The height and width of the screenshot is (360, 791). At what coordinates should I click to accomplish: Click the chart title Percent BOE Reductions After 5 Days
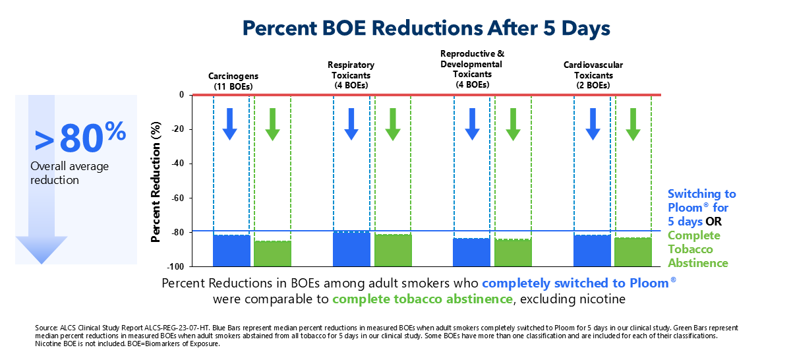(x=426, y=28)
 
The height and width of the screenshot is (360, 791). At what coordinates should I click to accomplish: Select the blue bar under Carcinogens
(x=231, y=251)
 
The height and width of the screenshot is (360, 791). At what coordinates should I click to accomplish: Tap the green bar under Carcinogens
(x=272, y=253)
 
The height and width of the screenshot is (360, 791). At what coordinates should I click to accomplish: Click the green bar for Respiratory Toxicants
(x=393, y=250)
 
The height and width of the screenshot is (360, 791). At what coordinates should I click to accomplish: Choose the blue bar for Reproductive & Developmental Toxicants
(x=471, y=252)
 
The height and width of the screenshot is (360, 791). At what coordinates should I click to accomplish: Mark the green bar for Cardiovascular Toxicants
(x=633, y=252)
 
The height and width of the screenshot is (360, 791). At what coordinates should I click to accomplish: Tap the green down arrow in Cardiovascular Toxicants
(x=633, y=124)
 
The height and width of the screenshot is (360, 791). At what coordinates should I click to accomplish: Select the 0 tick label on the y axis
(x=180, y=95)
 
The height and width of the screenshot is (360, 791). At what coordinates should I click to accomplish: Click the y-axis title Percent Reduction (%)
(x=156, y=181)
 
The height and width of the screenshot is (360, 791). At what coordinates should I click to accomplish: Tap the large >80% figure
(x=79, y=136)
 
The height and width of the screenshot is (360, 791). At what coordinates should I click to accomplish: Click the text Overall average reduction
(x=69, y=173)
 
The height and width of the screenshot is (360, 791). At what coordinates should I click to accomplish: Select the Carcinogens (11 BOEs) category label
(x=233, y=81)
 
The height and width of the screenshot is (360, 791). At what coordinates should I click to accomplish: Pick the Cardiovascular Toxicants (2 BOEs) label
(x=593, y=75)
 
